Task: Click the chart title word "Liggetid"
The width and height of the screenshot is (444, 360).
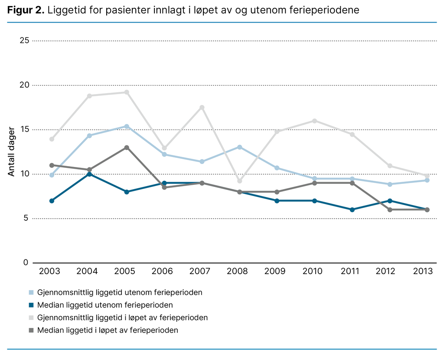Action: [63, 10]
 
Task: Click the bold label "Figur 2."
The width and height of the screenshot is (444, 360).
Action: [26, 10]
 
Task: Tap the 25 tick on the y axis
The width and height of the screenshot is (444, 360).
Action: [24, 40]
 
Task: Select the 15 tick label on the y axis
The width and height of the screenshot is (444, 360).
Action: [24, 129]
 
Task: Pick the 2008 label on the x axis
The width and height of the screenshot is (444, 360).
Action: [238, 272]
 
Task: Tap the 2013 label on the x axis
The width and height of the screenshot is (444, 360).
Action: [423, 272]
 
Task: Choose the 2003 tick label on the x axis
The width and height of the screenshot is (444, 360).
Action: [49, 272]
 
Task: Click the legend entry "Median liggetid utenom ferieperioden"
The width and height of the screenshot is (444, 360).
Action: [105, 305]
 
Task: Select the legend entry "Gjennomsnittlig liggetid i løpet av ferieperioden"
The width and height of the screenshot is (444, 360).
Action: [122, 317]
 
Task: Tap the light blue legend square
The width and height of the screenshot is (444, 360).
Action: [31, 292]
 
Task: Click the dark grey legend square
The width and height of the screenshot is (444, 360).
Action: [31, 331]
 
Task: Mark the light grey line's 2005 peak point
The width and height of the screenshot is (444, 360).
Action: [127, 92]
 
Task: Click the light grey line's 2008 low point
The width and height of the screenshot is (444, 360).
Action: [239, 181]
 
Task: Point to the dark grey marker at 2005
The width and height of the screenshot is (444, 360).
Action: [127, 147]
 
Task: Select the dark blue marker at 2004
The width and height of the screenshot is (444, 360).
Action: [89, 174]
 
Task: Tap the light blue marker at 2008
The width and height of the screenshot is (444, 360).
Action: [239, 147]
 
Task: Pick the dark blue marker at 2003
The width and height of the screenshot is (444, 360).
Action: [52, 201]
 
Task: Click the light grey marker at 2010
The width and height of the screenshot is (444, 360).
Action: [314, 121]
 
